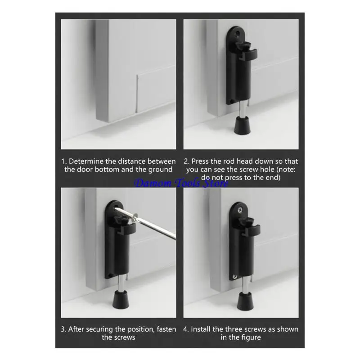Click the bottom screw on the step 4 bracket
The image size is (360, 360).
click(234, 276)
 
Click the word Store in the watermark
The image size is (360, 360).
click(216, 183)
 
